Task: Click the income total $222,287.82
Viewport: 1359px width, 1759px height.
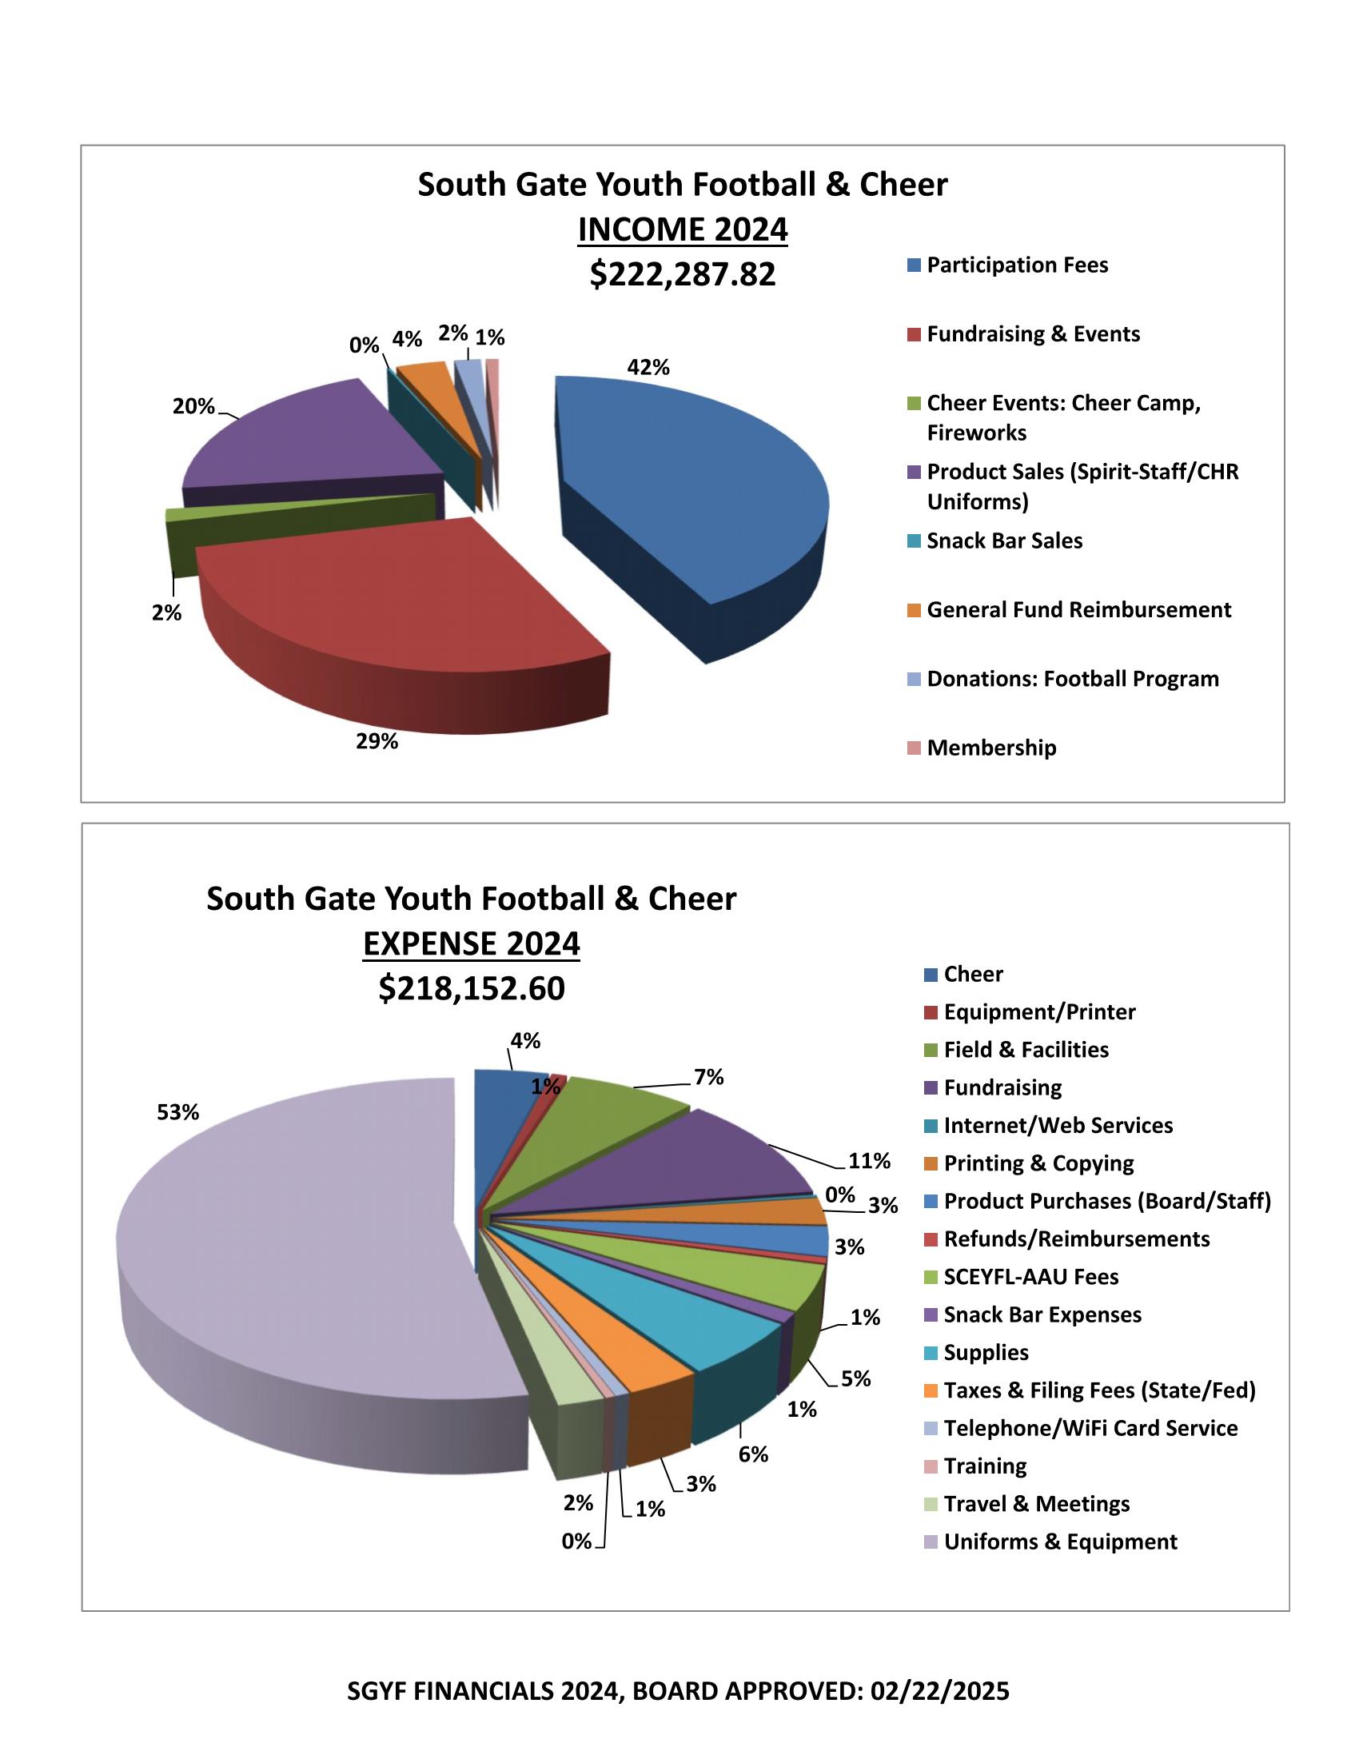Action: [683, 273]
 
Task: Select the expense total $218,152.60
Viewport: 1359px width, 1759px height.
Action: [472, 988]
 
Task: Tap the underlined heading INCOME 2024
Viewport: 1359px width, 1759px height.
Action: [683, 229]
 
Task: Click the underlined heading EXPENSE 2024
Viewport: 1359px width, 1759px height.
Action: [472, 943]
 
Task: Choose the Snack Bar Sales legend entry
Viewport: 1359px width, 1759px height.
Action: [1004, 540]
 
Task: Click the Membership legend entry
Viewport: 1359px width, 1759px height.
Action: [991, 748]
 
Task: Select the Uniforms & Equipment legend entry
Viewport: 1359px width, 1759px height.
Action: [1059, 1542]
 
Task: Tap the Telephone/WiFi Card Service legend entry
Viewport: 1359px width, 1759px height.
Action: [1090, 1428]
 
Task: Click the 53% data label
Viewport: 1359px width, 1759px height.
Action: [178, 1112]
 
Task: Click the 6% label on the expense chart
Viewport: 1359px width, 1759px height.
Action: [754, 1454]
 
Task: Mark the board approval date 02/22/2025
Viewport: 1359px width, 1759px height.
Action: [939, 1690]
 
